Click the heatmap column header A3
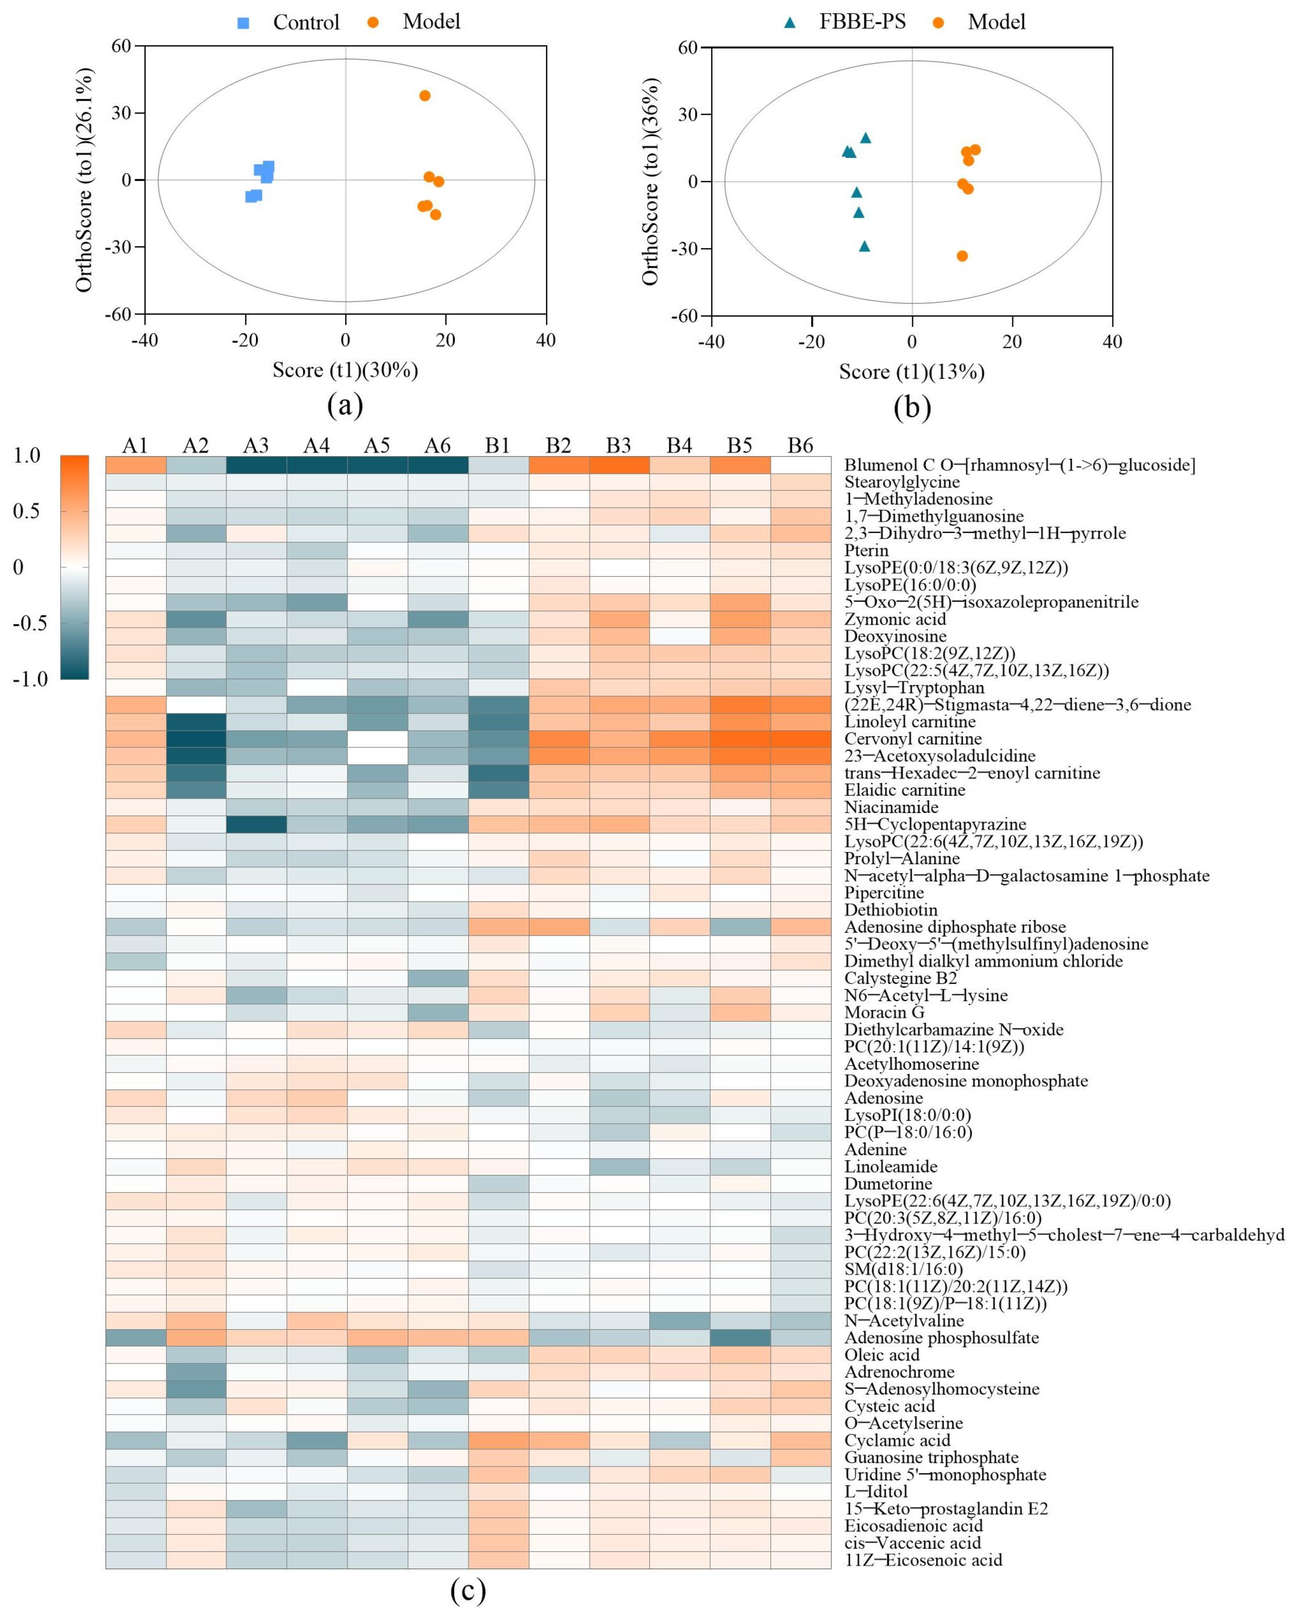(x=256, y=445)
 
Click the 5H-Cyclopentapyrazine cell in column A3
(x=256, y=824)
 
